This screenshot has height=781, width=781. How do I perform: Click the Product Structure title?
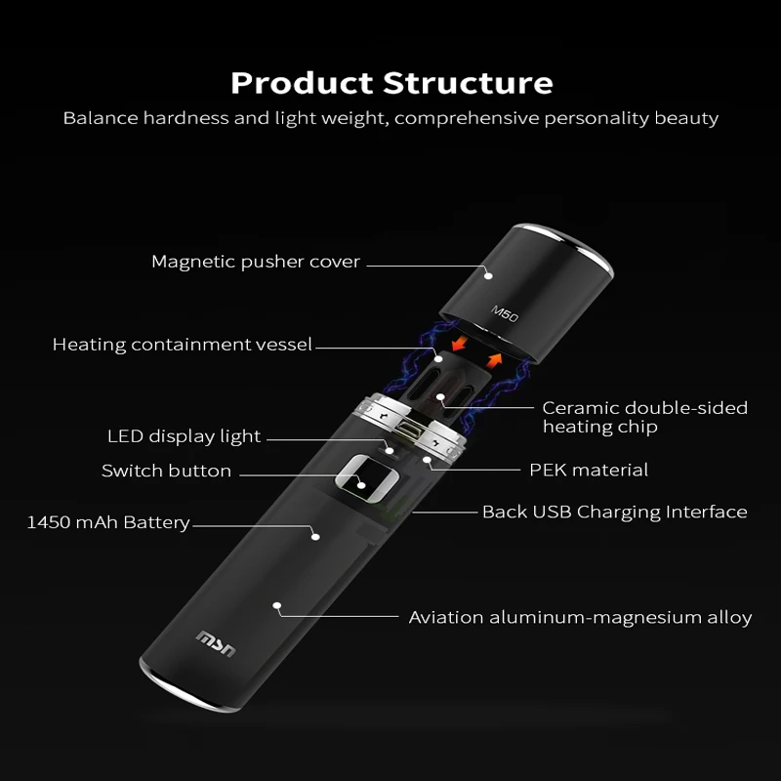[x=390, y=82]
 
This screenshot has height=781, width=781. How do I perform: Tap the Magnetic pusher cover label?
[x=256, y=262]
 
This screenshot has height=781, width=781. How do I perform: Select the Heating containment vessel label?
[x=183, y=344]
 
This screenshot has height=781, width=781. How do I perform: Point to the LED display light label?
[x=184, y=436]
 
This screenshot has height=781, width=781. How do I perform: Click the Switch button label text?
[x=166, y=471]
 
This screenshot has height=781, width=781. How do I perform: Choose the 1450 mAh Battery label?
[x=107, y=522]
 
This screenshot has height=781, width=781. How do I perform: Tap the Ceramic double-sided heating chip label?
[x=644, y=417]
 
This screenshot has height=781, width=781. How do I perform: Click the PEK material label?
[x=589, y=470]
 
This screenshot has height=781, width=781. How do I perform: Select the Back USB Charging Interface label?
[x=614, y=512]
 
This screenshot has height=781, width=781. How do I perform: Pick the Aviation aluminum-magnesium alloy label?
[x=580, y=617]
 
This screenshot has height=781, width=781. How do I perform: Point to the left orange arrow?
[x=457, y=346]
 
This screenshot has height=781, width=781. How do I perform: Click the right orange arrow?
[x=495, y=361]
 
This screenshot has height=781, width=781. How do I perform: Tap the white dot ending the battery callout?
[x=314, y=534]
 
